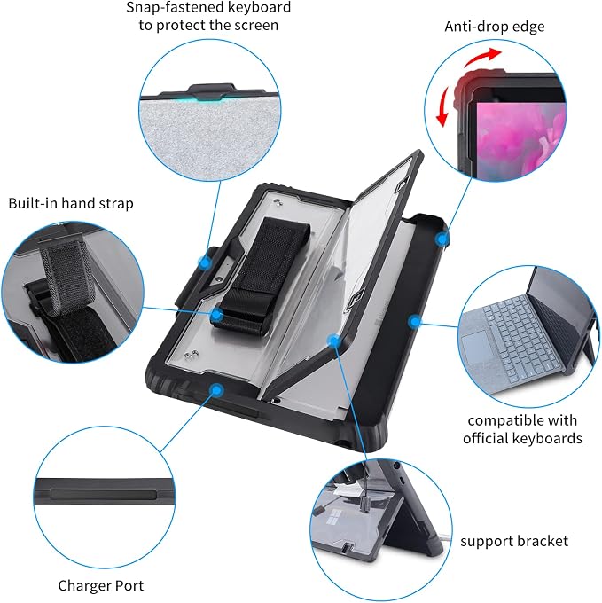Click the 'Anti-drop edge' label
[x=495, y=27]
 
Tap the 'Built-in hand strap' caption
[x=71, y=203]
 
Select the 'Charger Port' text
[x=101, y=585]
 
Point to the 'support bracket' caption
[x=514, y=541]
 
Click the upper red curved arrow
[x=482, y=58]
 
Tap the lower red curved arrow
[x=443, y=106]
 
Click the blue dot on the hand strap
[x=217, y=315]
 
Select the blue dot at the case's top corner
[x=442, y=239]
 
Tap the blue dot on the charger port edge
[x=217, y=390]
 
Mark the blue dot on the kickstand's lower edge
[x=334, y=340]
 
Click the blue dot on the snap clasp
[x=205, y=263]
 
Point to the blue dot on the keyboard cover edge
[x=414, y=321]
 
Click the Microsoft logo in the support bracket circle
[x=336, y=518]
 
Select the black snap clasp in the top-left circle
[x=210, y=91]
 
